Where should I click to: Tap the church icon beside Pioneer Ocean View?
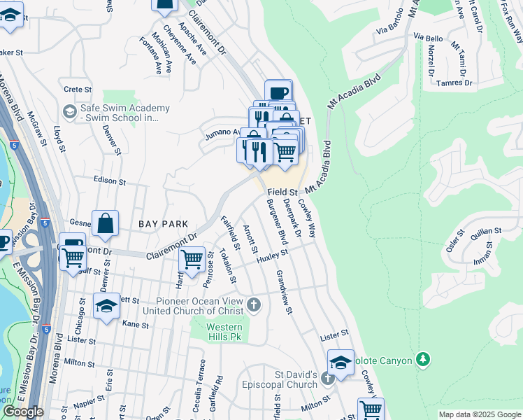tap(254, 304)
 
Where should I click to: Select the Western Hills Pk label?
tap(224, 332)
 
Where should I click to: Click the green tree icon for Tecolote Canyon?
tap(422, 360)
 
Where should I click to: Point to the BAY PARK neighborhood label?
tap(163, 223)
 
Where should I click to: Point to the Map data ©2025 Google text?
tap(479, 414)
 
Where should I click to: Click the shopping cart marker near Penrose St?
tap(192, 259)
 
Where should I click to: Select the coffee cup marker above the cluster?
tap(278, 93)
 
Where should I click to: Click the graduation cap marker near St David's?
tap(341, 363)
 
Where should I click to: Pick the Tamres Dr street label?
tap(454, 83)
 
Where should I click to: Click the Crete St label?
tap(78, 90)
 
